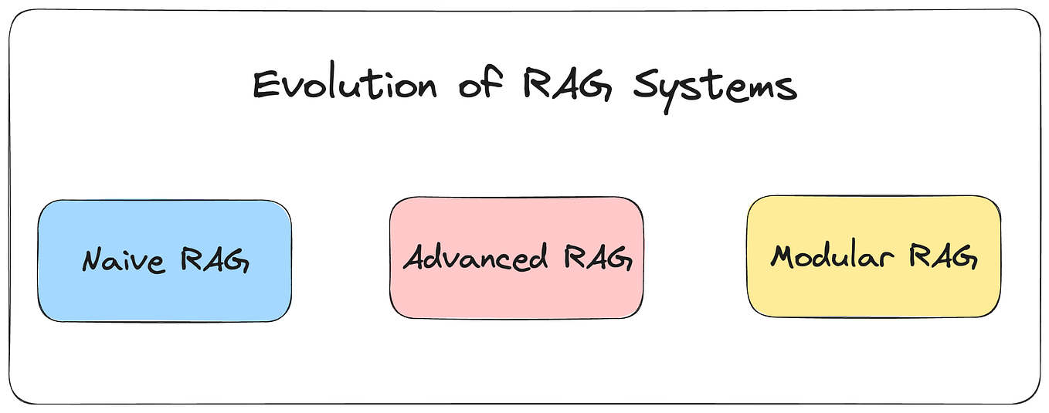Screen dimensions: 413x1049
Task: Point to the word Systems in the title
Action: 715,86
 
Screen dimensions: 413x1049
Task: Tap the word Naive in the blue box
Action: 124,261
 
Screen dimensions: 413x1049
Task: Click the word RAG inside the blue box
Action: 215,261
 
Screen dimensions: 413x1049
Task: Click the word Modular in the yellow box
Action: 837,256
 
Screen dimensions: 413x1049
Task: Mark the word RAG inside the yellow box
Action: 943,256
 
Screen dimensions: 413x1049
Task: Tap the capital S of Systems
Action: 647,85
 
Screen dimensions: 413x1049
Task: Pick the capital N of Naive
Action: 94,261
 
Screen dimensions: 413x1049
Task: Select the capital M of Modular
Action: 783,256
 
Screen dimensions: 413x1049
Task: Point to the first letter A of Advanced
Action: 417,257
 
